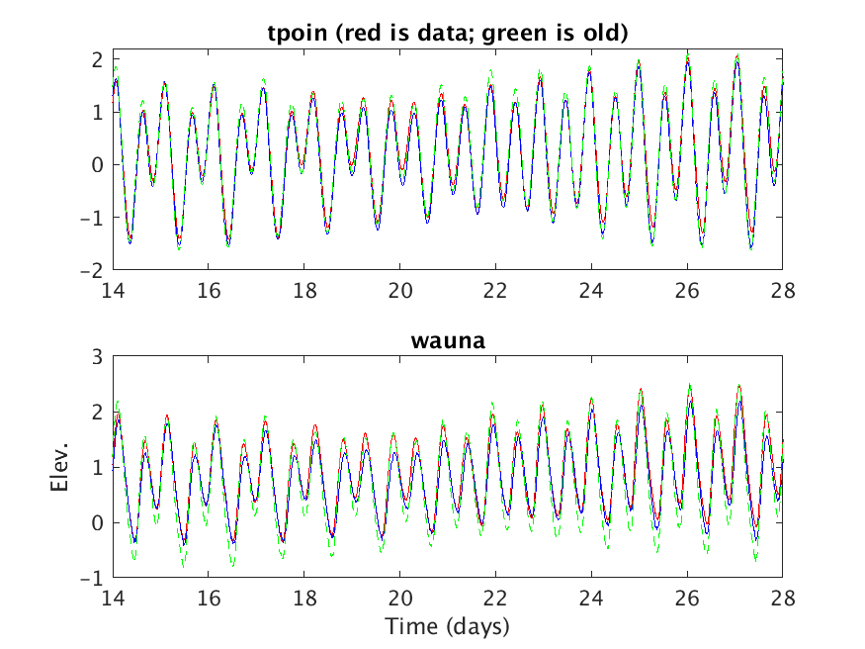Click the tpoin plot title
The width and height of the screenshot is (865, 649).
pos(447,33)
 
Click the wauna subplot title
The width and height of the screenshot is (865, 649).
pos(447,341)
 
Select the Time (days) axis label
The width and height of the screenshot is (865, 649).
pos(447,625)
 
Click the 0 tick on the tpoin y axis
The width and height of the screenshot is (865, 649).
pos(98,165)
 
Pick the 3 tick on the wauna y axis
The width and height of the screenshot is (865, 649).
pos(98,358)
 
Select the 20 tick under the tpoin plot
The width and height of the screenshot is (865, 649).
pos(399,291)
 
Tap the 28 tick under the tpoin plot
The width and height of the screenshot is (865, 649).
pos(782,291)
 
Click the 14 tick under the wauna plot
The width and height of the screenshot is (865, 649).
pos(113,600)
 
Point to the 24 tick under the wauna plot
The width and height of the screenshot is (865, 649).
pos(591,600)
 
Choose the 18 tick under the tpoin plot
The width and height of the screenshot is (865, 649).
pos(303,291)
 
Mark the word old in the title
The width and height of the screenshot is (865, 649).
pos(600,33)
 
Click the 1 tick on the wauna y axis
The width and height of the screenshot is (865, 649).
pos(98,468)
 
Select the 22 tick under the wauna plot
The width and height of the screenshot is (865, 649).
pos(495,600)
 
